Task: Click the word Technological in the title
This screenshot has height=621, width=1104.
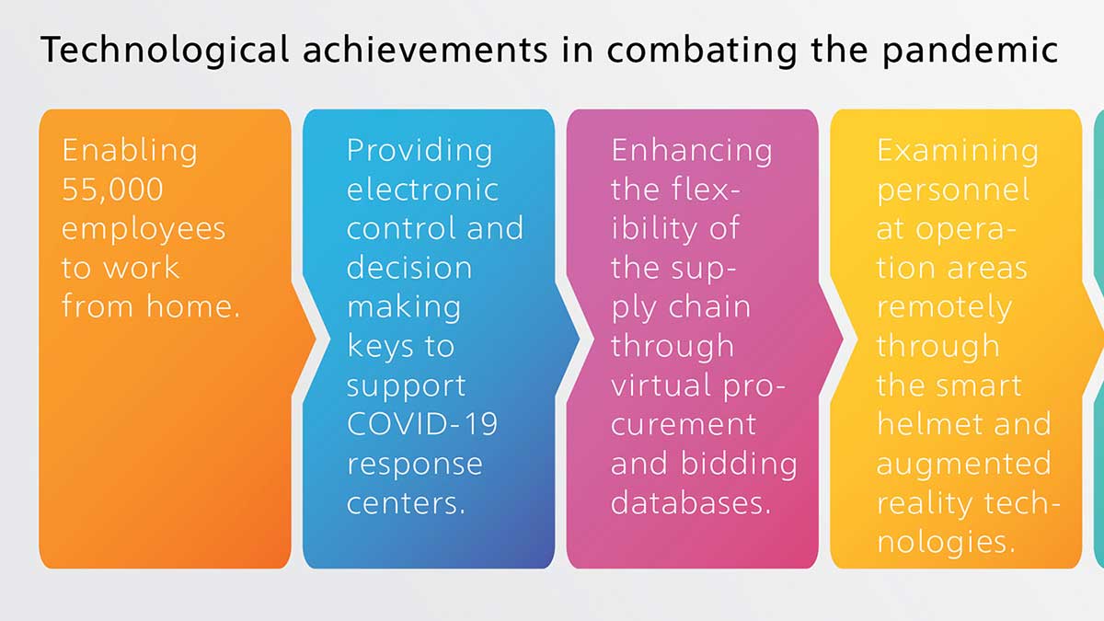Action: click(x=165, y=51)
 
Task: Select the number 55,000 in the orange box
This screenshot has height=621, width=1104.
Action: click(x=112, y=190)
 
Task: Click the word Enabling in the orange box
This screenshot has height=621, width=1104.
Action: click(x=130, y=151)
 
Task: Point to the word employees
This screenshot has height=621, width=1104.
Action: click(x=144, y=230)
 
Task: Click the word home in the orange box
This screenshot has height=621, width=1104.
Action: click(x=193, y=306)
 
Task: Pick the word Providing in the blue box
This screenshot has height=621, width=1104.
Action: click(x=420, y=151)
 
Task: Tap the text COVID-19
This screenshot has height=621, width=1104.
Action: click(x=422, y=424)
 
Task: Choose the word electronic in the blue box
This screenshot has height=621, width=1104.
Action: click(x=422, y=190)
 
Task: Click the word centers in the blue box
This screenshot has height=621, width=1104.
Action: click(x=406, y=503)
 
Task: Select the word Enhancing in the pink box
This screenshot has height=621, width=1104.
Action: click(x=692, y=151)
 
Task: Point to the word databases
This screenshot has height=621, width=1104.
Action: click(x=691, y=502)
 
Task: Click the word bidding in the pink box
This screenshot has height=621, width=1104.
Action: click(x=740, y=465)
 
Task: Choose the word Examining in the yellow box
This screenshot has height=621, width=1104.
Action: click(x=958, y=151)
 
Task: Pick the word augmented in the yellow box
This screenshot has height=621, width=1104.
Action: click(x=964, y=465)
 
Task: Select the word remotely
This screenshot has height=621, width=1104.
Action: click(x=944, y=308)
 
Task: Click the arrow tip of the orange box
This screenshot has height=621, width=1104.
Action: click(x=316, y=339)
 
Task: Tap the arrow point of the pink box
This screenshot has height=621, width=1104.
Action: click(x=844, y=339)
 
